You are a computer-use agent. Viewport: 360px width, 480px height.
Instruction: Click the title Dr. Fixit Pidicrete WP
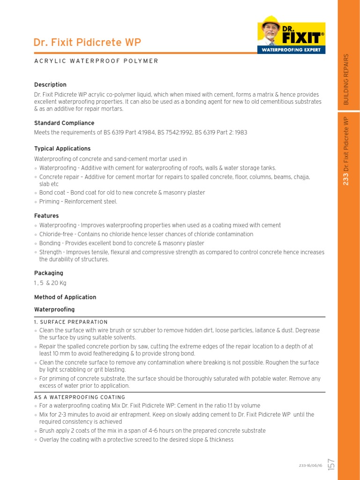(x=87, y=43)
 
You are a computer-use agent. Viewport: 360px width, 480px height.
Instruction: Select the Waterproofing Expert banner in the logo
(x=291, y=49)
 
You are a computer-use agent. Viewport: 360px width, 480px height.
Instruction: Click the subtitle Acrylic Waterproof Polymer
(x=96, y=61)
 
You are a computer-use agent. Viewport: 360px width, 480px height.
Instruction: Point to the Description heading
(x=50, y=85)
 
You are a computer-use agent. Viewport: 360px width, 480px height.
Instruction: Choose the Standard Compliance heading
(x=64, y=123)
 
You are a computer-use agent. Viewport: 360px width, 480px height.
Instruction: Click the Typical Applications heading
(x=62, y=149)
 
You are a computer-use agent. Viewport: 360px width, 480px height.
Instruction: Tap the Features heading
(x=46, y=216)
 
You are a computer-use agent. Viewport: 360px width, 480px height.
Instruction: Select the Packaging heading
(x=48, y=273)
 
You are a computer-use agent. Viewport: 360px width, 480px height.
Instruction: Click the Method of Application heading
(x=65, y=297)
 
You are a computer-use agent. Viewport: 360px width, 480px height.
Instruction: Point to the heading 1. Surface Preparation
(x=71, y=322)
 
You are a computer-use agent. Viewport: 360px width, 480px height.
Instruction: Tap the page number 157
(x=331, y=465)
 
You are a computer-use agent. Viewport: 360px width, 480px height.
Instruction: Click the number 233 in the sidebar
(x=346, y=179)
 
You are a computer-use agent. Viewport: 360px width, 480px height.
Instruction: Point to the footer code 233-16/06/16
(x=310, y=465)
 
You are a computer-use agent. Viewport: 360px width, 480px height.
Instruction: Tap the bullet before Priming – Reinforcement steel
(x=36, y=202)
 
